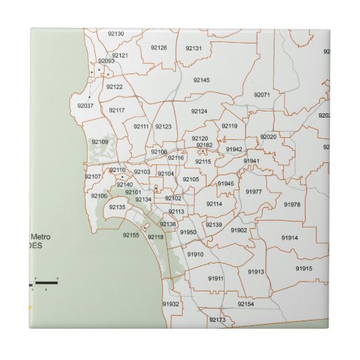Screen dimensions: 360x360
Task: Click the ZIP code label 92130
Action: coord(115,33)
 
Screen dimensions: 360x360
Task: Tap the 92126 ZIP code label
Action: coord(158,48)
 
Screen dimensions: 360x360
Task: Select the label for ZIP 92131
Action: coord(194,48)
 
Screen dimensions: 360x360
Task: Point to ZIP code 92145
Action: coord(201,80)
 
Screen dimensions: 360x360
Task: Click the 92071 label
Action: coord(262,94)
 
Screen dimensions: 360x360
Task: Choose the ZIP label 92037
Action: coord(86,105)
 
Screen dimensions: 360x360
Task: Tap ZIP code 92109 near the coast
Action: coord(100,141)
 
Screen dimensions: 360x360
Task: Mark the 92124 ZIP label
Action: coord(199,111)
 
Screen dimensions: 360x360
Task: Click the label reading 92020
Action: coord(268,137)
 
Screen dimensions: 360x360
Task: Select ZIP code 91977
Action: coord(254,192)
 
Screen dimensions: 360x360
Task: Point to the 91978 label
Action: coord(292,204)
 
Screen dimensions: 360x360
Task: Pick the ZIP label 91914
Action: coord(290,238)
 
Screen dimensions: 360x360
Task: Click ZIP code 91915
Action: coord(304,268)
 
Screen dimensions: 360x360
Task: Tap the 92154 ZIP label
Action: coord(245,304)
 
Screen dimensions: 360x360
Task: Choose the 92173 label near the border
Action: coord(217,319)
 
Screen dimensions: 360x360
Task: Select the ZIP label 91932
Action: coord(170,304)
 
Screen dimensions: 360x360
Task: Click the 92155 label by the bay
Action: coord(131,235)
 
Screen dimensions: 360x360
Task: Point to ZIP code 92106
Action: coord(99,196)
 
